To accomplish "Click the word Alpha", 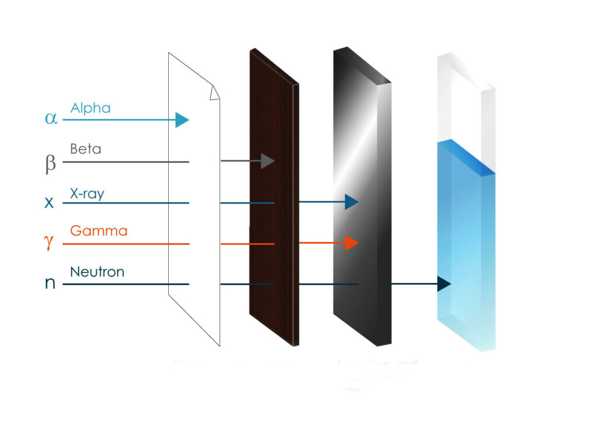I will coord(90,108).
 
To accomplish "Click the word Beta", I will coord(85,149).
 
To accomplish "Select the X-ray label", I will coord(86,193).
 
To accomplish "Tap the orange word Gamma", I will coord(98,231).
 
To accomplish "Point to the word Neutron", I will coord(97,272).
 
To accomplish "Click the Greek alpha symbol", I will coord(51,119).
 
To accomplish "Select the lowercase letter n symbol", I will coord(50,284).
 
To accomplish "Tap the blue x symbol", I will coord(50,203).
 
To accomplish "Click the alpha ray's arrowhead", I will coord(182,120).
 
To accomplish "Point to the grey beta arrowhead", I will coord(267,161).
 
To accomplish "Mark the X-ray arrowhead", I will coord(351,202).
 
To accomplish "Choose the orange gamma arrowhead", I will coord(351,243).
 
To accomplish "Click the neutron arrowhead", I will coord(443,284).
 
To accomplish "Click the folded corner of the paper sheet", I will coord(214,93).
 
